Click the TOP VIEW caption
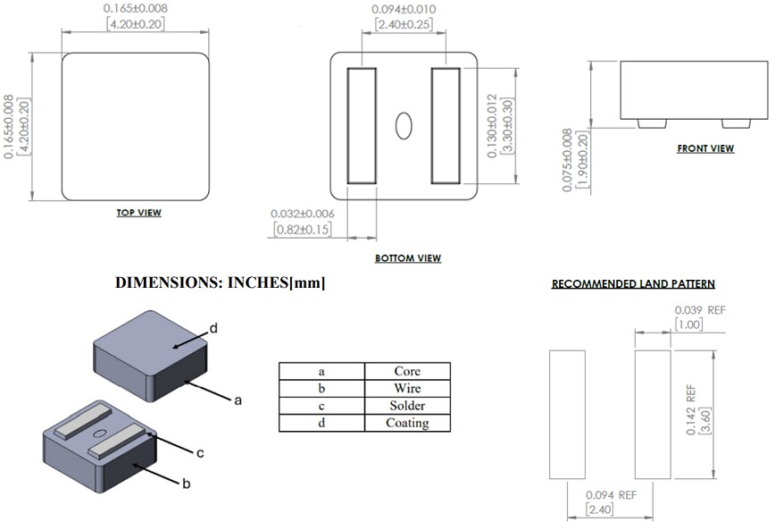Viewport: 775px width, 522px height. coord(138,213)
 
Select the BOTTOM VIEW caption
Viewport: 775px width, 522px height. coord(408,258)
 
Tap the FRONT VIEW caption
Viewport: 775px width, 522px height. coord(705,148)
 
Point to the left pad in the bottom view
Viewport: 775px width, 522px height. coord(362,124)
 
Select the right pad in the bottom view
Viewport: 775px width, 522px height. coord(445,124)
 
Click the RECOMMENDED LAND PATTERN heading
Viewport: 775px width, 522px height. coord(633,284)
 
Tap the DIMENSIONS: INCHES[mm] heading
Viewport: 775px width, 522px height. coord(221,282)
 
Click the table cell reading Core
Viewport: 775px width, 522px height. coord(406,371)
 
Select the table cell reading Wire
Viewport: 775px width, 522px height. coord(406,389)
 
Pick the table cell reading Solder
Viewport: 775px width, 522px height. coord(406,406)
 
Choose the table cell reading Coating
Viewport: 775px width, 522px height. coord(406,423)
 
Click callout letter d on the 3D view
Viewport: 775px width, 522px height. coord(213,329)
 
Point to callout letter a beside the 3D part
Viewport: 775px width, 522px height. coord(237,401)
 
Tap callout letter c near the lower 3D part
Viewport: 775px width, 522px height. coord(200,453)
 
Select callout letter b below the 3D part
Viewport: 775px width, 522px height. coord(187,484)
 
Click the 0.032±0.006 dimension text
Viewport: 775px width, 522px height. coord(304,214)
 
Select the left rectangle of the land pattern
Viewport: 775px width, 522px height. coord(567,415)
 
